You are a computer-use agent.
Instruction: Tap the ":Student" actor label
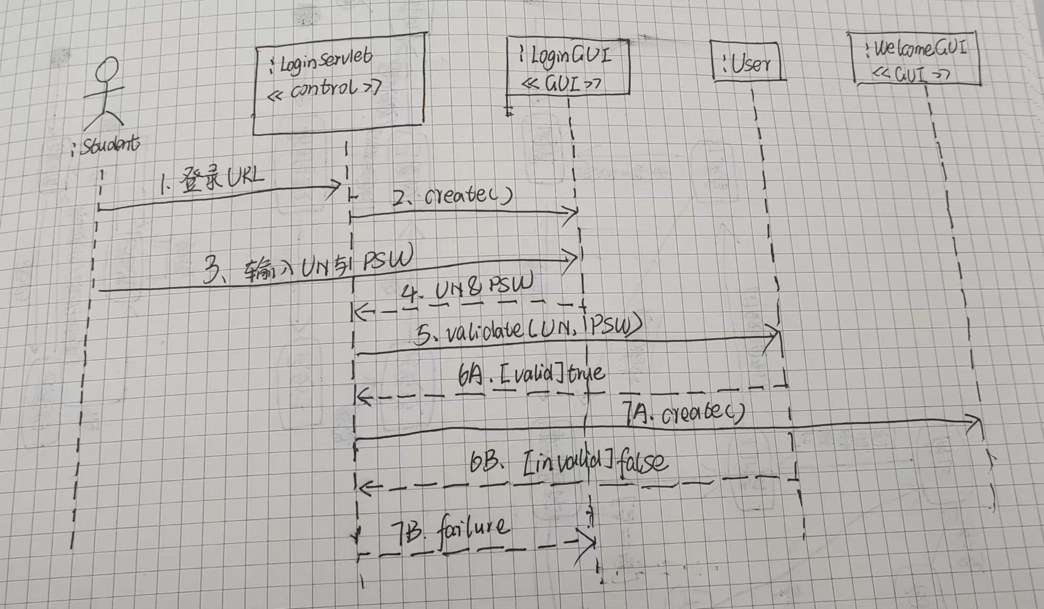click(107, 145)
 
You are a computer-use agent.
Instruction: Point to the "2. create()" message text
click(452, 196)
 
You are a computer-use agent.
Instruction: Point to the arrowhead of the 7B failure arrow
click(590, 542)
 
